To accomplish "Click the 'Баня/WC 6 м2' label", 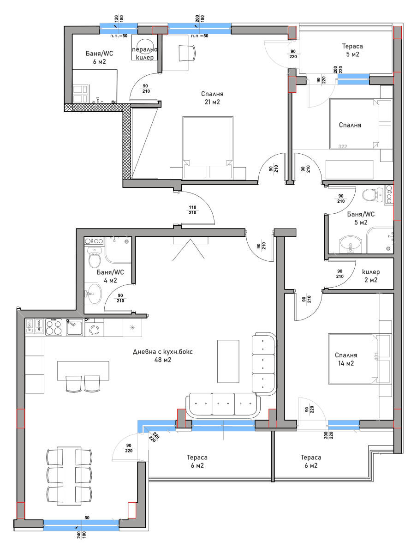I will (x=99, y=58).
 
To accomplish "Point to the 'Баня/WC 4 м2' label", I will (x=107, y=276).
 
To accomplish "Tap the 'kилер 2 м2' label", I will (x=370, y=275).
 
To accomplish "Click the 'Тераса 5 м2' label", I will (x=352, y=50).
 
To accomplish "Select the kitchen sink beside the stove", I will (x=74, y=327).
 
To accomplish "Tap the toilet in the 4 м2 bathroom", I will (x=94, y=261).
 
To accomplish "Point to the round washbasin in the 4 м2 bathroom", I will (x=95, y=293).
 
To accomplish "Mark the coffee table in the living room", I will (x=228, y=361).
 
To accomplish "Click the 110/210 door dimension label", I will (x=192, y=210).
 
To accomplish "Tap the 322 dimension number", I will (x=342, y=146).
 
